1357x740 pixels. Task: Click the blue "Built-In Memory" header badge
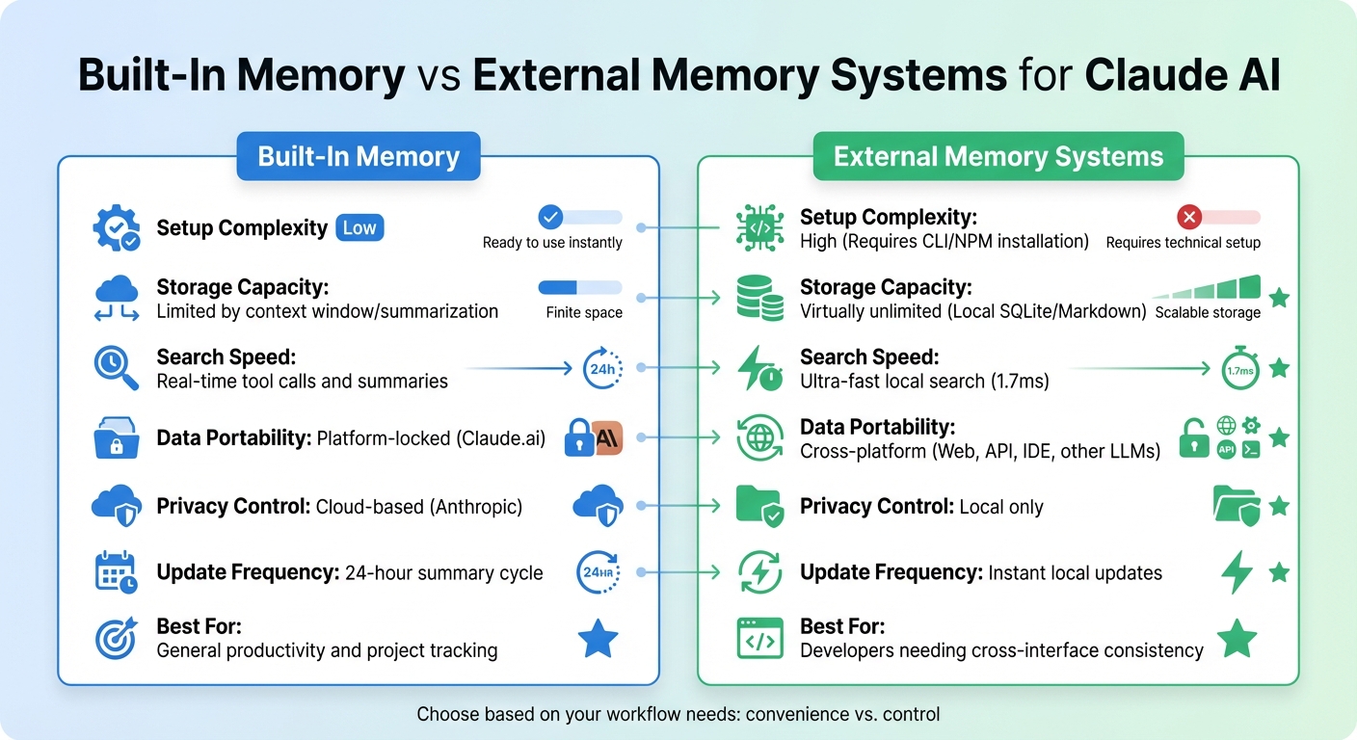tap(359, 156)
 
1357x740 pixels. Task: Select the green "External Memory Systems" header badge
tap(998, 156)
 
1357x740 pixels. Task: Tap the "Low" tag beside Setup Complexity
tap(359, 227)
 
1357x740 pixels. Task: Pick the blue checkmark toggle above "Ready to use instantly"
tap(551, 216)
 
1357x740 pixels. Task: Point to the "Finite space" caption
tap(584, 312)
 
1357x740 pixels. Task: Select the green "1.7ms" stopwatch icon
tap(1240, 368)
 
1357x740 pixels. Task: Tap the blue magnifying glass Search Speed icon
tap(116, 368)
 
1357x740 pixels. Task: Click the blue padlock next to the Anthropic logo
tap(578, 437)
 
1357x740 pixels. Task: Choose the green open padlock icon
tap(1194, 438)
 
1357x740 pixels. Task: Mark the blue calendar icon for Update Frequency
tap(116, 572)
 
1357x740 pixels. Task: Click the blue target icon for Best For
tap(116, 639)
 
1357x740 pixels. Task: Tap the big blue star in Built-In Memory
tap(598, 639)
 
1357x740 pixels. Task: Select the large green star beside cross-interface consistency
tap(1237, 638)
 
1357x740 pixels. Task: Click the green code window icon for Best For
tap(759, 639)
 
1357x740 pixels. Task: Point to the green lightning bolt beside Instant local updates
tap(1237, 572)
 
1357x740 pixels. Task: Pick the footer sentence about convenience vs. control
tap(678, 714)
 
